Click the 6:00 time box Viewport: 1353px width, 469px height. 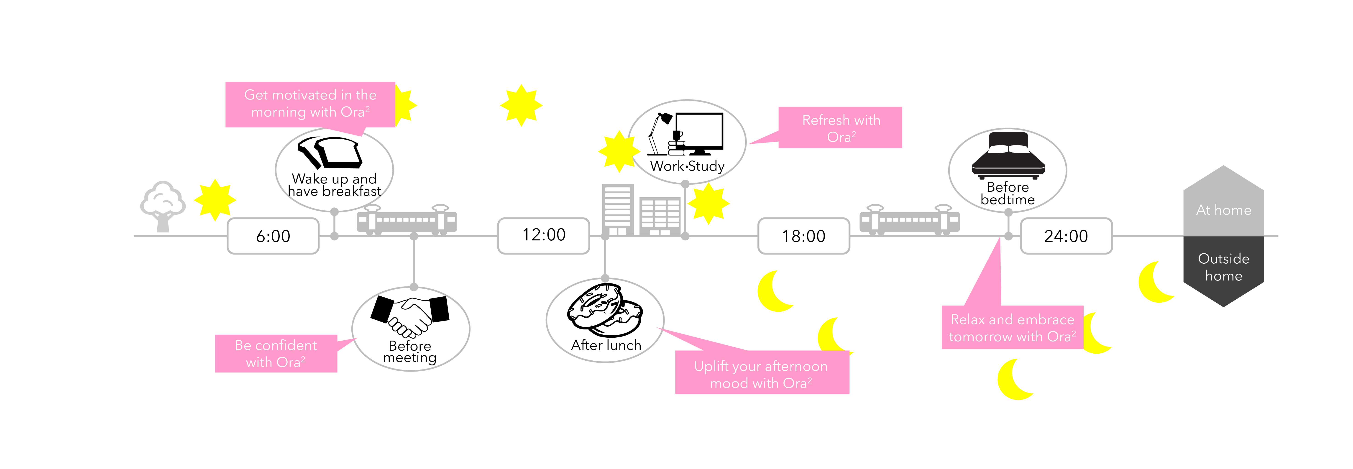(x=273, y=236)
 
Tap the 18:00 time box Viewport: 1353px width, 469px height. (x=804, y=236)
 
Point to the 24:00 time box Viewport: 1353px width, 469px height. (x=1066, y=236)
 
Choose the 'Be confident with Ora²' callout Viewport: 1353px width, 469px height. (x=276, y=353)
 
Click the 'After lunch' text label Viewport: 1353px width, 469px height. (x=606, y=345)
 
